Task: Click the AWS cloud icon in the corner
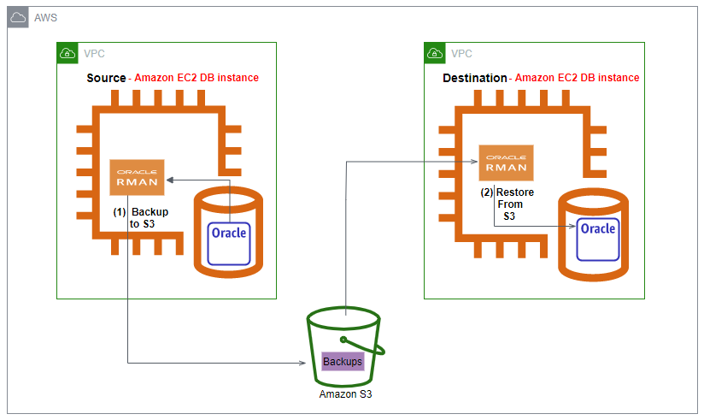(x=18, y=18)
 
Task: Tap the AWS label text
(x=45, y=18)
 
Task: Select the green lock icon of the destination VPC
(x=435, y=53)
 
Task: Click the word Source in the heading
(x=106, y=78)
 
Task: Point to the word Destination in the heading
(x=474, y=78)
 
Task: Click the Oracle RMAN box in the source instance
(x=138, y=178)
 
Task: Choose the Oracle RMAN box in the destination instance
(x=506, y=163)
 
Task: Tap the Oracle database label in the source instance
(x=228, y=234)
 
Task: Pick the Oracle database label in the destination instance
(x=597, y=229)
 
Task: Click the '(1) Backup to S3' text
(x=141, y=217)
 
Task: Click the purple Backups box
(x=343, y=362)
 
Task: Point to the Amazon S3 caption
(x=345, y=394)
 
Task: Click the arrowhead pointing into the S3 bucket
(x=303, y=363)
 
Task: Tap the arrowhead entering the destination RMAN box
(x=474, y=160)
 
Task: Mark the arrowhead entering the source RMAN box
(x=169, y=180)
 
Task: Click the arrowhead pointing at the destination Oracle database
(x=572, y=228)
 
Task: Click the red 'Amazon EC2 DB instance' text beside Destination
(x=577, y=78)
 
